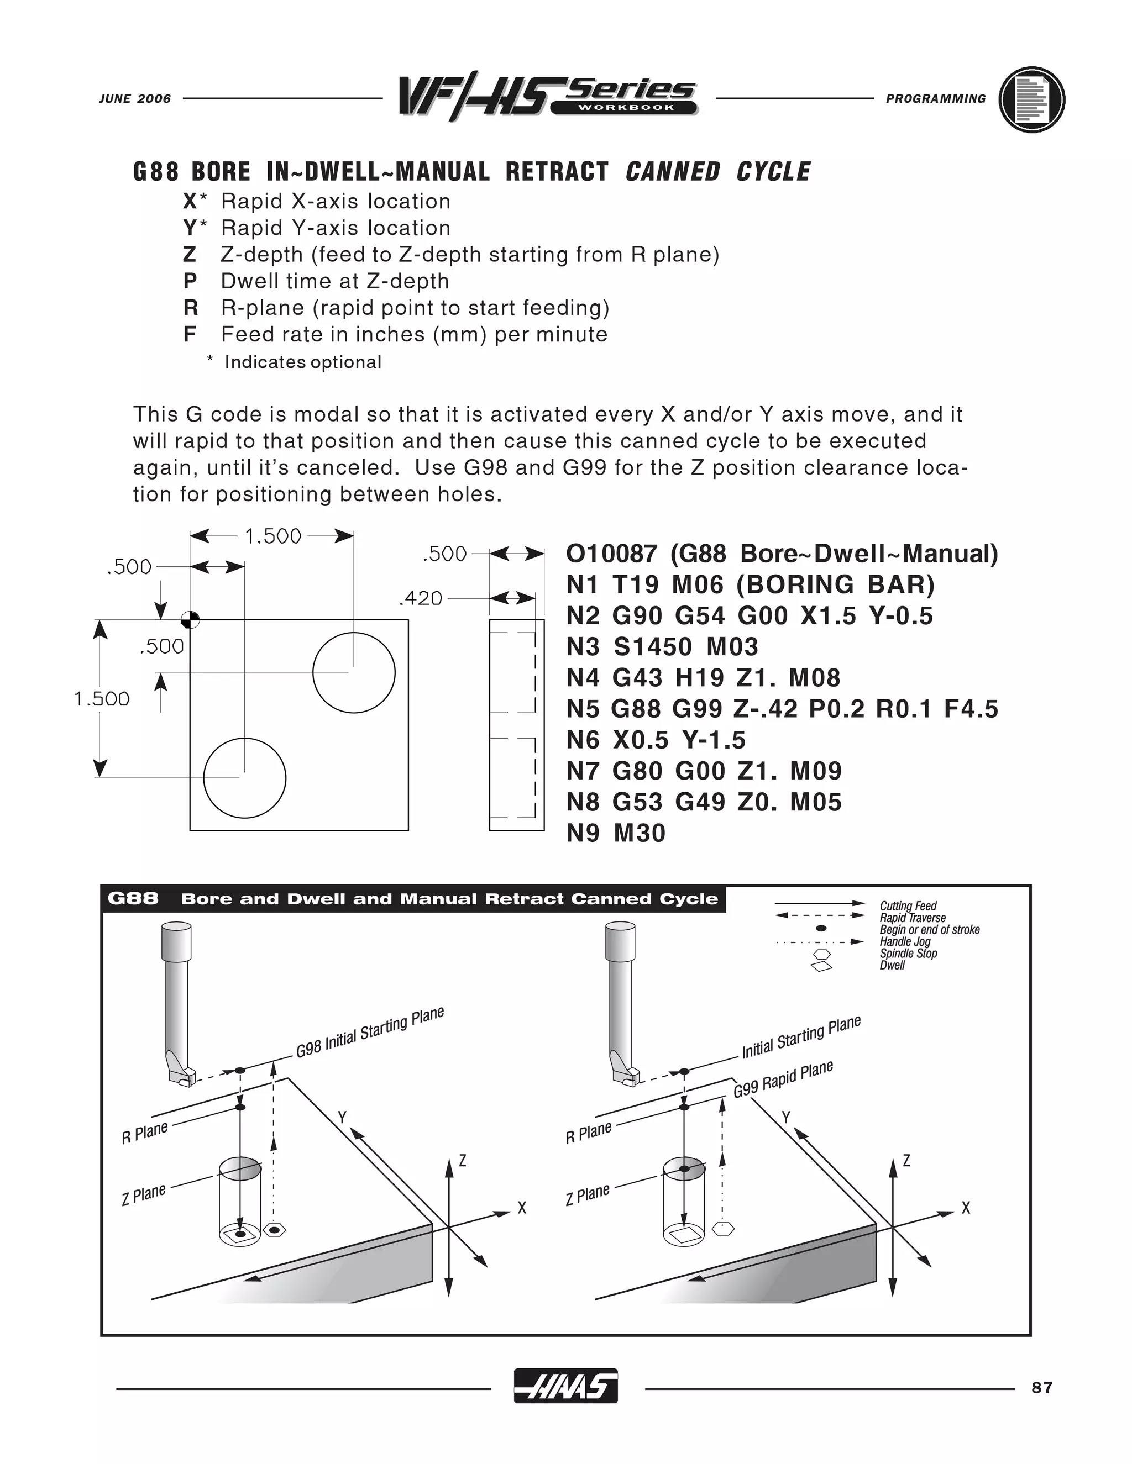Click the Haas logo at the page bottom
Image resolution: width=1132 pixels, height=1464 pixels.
tap(565, 1386)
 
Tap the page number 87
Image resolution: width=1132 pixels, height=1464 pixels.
tap(1041, 1388)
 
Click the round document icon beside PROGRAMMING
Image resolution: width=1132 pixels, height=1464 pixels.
tap(1031, 99)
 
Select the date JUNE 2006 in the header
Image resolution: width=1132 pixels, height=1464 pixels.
tap(135, 98)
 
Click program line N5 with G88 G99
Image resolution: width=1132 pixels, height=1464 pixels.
tap(781, 709)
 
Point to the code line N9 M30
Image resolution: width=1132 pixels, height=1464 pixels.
tap(616, 833)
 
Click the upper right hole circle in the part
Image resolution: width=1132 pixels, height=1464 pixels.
tap(354, 672)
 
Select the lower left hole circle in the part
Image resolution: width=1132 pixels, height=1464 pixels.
tap(245, 778)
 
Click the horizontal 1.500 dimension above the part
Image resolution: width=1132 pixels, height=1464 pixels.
tap(273, 536)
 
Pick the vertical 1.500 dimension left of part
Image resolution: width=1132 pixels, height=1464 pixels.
tap(102, 698)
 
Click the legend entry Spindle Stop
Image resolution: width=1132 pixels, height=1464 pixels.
tap(908, 953)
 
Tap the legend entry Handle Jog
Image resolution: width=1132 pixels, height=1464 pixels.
tap(905, 941)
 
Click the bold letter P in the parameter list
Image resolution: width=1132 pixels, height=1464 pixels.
tap(190, 281)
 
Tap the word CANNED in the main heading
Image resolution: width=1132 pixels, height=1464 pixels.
tap(673, 172)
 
